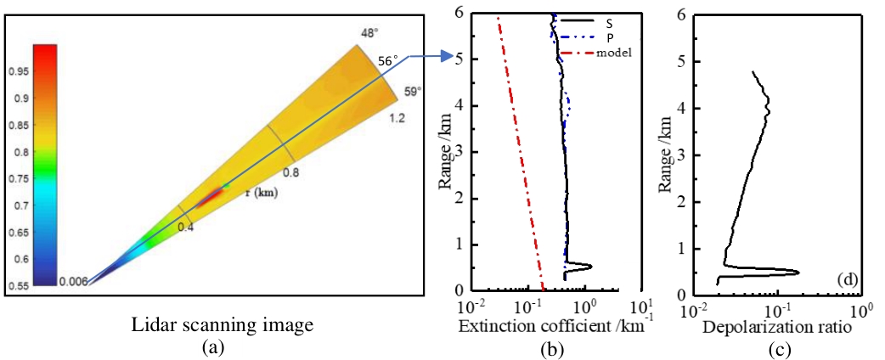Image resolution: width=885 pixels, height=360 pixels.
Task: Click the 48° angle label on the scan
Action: (369, 33)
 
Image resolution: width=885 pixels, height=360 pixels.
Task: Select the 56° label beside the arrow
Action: (387, 61)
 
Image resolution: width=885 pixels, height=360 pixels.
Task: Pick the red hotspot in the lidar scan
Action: (207, 198)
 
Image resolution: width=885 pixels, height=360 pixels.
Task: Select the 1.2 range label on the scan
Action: (396, 117)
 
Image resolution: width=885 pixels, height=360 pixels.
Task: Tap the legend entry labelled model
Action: (616, 53)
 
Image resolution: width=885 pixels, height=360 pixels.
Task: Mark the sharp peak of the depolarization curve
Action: (798, 273)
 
